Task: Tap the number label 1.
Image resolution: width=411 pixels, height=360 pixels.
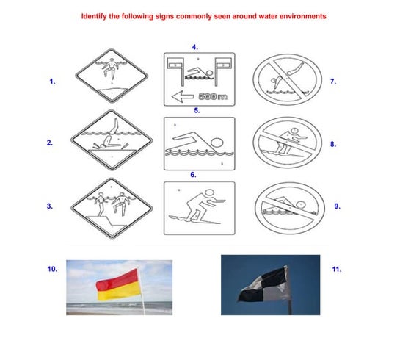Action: point(51,82)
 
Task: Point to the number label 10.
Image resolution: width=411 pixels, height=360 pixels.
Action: point(52,270)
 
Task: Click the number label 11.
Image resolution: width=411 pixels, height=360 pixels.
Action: point(336,270)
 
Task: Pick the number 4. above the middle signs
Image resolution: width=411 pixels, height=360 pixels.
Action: point(195,46)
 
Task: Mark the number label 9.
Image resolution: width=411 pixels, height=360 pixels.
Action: point(337,206)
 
